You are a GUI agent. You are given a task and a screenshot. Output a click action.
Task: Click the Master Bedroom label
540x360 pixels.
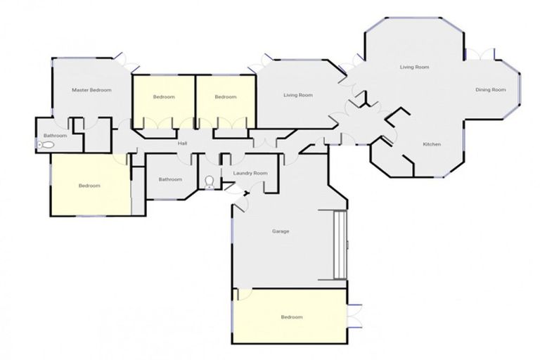tap(92, 90)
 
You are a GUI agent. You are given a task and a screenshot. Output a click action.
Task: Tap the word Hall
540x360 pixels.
tap(182, 143)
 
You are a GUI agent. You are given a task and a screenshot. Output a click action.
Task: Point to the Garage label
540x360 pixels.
tap(281, 231)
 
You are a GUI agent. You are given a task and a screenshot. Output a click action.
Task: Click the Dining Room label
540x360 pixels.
tap(490, 89)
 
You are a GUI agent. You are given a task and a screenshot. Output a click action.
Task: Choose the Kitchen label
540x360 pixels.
tap(432, 144)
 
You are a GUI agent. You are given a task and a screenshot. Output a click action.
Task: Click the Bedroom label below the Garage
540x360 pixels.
tap(291, 317)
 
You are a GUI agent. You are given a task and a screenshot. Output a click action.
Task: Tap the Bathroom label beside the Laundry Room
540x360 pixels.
tap(170, 179)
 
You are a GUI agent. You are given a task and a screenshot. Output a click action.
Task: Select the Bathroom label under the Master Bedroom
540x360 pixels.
tap(55, 135)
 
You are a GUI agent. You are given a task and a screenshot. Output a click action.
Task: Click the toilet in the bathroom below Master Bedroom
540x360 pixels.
tap(46, 145)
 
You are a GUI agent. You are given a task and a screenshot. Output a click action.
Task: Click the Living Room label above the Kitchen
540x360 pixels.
tap(414, 67)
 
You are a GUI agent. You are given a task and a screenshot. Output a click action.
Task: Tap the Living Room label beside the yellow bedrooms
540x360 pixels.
tap(298, 95)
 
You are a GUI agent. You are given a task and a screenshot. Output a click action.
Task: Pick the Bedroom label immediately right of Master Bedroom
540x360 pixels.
tap(164, 96)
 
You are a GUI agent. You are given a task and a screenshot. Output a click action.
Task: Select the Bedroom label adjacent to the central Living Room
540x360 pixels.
tap(225, 96)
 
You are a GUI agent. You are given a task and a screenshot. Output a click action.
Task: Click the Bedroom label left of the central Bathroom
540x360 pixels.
tap(89, 186)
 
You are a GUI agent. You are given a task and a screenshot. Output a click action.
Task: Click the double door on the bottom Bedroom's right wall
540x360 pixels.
tap(354, 314)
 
